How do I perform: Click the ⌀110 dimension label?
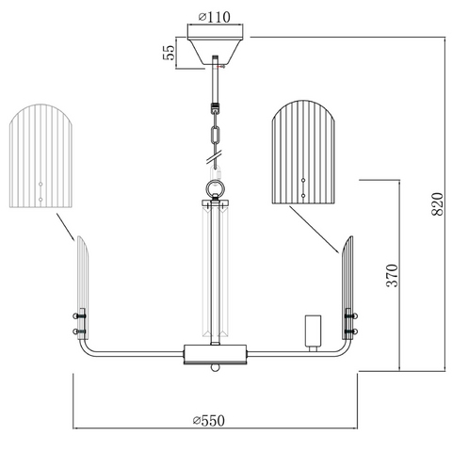coord(215,17)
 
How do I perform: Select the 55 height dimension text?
coord(169,53)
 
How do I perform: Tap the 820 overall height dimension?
coord(437,204)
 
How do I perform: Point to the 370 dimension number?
coord(392,275)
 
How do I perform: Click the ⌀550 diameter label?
coord(209,421)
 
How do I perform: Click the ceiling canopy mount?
coord(215,44)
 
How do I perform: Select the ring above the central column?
coord(215,189)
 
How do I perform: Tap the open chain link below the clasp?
coord(215,135)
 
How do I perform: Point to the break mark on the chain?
coord(215,157)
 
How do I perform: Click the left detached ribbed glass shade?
coord(40,156)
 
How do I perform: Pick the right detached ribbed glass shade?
coord(304,153)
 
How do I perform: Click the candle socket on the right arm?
coord(314,333)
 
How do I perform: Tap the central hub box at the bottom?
coord(215,354)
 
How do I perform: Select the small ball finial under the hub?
coord(215,367)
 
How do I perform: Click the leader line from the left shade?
coord(65,227)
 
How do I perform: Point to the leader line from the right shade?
coord(315,230)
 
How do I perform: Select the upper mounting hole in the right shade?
coord(303,180)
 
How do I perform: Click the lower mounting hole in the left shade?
coord(40,200)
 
